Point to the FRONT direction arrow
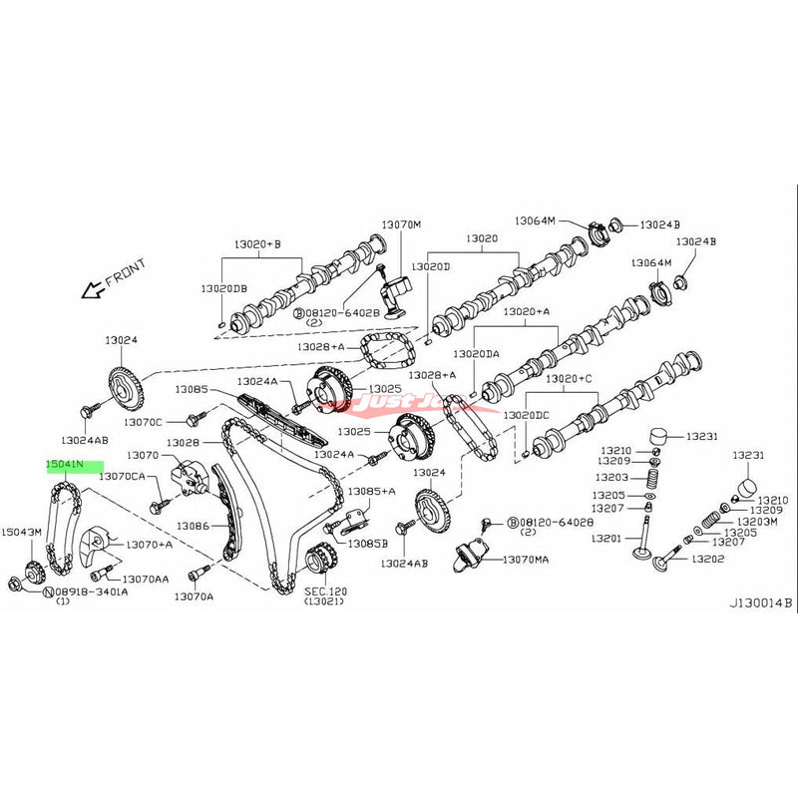pos(96,289)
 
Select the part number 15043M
pos(22,533)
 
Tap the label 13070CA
pos(123,478)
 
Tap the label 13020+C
pos(597,378)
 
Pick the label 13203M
pos(757,522)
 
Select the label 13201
pos(606,538)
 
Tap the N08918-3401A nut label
pos(86,591)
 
